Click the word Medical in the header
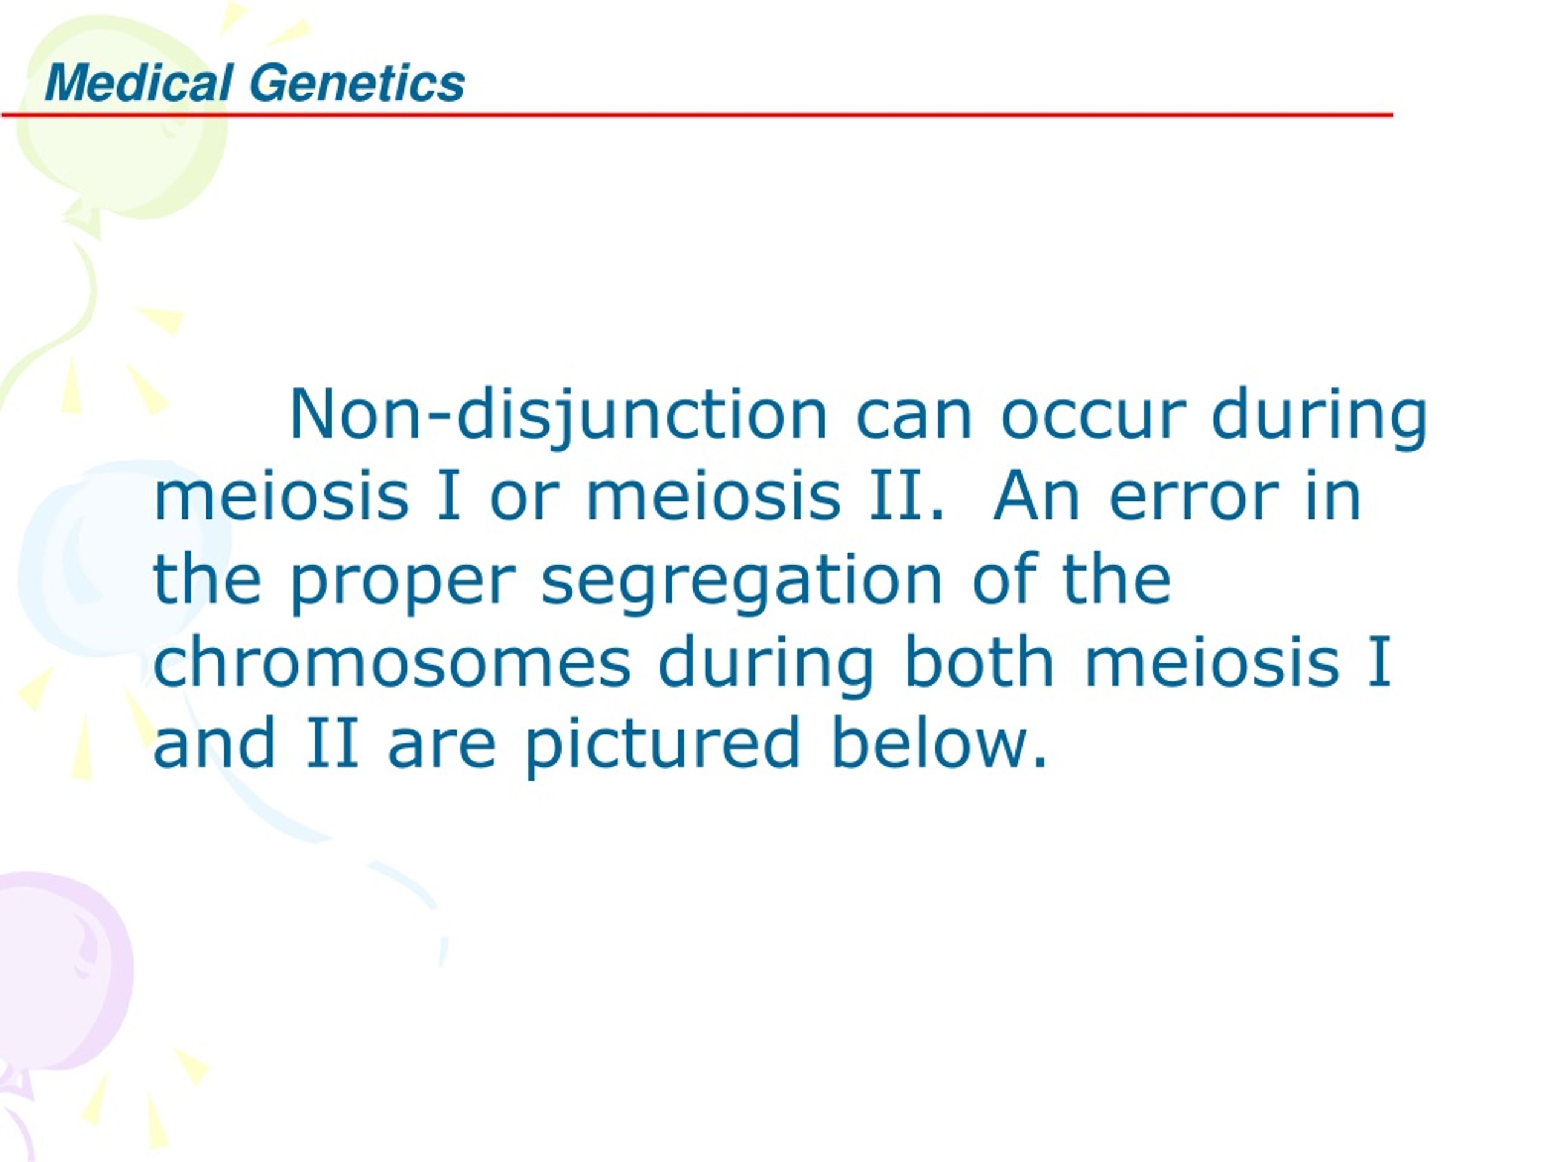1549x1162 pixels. tap(139, 84)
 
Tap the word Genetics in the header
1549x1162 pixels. tap(357, 84)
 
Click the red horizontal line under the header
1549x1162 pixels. tap(698, 115)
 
